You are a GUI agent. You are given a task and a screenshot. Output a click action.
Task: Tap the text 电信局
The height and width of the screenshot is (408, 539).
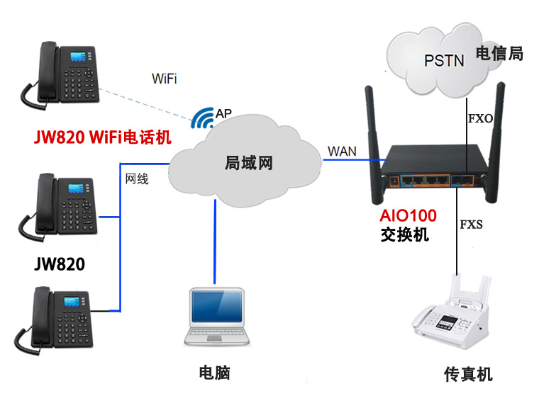[499, 53]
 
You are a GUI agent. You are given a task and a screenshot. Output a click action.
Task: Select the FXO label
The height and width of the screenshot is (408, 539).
[480, 119]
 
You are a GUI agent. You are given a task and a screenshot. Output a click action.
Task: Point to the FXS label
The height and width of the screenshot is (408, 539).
[471, 225]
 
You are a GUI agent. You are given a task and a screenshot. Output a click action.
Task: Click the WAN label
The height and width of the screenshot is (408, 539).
[342, 152]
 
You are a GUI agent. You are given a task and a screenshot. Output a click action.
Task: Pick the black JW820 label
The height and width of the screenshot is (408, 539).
[60, 265]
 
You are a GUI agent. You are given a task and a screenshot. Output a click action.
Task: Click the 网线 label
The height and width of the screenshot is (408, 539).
[137, 179]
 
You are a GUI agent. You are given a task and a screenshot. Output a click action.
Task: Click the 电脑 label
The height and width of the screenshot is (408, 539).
[214, 373]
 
